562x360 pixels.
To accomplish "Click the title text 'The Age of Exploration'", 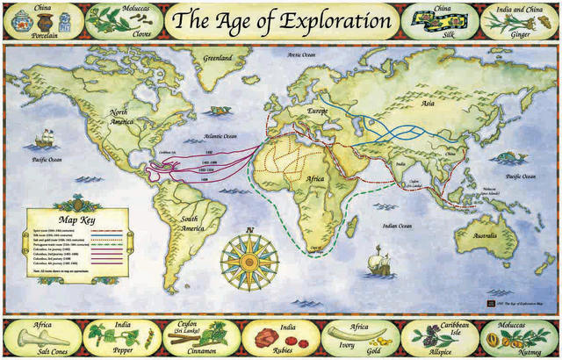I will (281, 19).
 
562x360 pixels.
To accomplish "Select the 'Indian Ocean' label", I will (393, 226).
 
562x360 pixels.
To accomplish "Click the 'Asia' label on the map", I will (428, 103).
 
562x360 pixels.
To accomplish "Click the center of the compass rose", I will (250, 262).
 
